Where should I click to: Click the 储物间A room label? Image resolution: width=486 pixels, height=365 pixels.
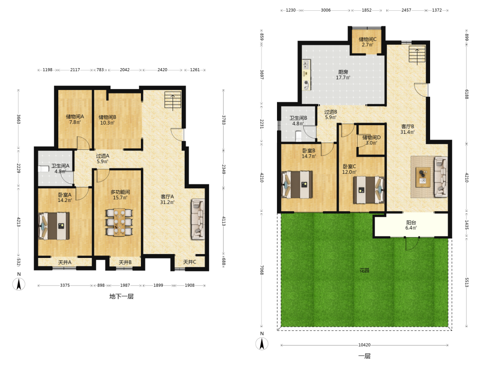75,117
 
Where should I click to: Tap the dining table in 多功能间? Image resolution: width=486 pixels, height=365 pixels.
120,222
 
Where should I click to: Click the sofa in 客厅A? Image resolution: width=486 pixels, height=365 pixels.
198,219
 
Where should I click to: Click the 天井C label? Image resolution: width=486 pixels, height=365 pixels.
190,262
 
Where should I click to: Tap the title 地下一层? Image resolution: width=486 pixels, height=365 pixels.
121,296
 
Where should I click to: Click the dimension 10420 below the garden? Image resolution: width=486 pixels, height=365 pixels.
364,345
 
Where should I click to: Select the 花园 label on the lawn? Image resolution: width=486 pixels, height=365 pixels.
364,270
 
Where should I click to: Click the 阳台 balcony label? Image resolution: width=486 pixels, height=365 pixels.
411,222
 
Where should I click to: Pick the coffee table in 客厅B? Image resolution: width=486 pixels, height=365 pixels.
423,177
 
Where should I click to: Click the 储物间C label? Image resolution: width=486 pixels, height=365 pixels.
367,39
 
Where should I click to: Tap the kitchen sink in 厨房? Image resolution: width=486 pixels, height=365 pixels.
307,65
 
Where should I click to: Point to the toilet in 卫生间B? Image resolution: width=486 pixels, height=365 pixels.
298,136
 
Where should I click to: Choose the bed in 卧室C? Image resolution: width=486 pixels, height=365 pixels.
369,190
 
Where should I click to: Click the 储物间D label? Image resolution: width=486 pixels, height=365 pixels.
372,137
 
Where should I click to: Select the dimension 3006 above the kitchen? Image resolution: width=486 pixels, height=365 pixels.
326,10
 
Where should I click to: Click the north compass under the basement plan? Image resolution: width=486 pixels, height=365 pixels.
19,284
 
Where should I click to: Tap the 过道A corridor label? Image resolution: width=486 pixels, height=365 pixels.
103,156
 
